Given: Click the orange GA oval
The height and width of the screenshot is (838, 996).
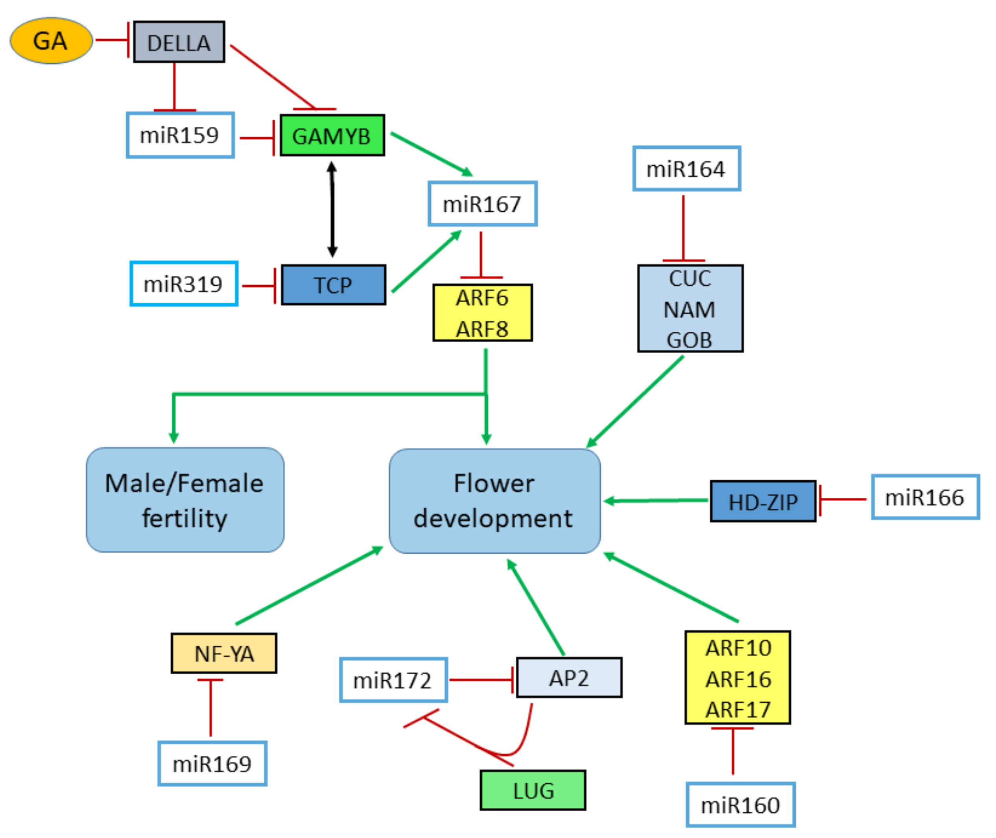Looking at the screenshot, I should coord(51,41).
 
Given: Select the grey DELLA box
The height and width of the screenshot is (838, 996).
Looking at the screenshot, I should coord(179,42).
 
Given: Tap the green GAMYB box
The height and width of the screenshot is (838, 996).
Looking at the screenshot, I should coord(332,135).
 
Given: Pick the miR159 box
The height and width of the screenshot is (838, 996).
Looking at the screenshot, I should coord(180,135).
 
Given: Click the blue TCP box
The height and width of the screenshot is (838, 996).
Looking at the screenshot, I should coord(334,285).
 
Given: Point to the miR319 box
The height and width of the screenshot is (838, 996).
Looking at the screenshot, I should coord(183,284).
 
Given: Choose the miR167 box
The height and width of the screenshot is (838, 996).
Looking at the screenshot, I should coord(482,204).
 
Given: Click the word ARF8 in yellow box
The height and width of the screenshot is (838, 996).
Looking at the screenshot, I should coord(482,329).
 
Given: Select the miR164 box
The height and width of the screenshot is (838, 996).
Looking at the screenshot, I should coord(686,169).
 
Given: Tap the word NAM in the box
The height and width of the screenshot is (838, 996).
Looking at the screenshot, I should coord(689,310).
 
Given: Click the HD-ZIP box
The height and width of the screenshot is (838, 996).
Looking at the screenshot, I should coord(763,502).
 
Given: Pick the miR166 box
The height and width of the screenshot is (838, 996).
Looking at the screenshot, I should coord(925,497).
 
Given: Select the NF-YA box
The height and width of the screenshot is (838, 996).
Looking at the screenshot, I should coord(224,653).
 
